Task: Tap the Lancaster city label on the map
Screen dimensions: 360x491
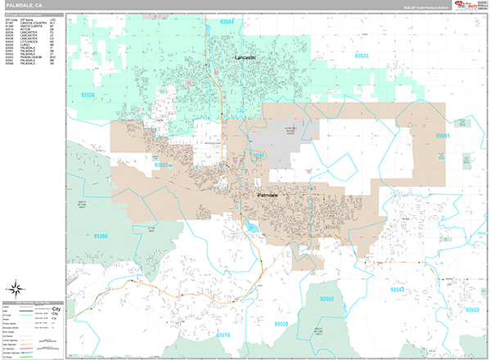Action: [x=245, y=58]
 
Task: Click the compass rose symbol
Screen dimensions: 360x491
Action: [x=16, y=288]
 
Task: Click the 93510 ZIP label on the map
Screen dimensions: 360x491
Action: [x=223, y=335]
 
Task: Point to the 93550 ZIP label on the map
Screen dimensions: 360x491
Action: [x=281, y=326]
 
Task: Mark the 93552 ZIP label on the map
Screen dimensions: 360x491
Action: [x=325, y=298]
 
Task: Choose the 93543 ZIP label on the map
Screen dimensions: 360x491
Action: [x=399, y=290]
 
